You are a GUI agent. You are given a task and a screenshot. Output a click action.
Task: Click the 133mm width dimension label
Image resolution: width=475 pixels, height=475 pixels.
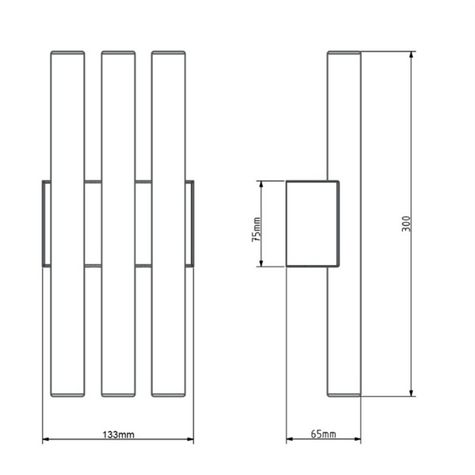tap(118, 435)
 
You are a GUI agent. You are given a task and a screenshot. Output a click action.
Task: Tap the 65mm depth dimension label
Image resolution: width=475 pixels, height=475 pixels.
tap(324, 434)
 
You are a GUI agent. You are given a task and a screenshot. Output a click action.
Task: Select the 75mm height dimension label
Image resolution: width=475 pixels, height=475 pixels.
tap(256, 229)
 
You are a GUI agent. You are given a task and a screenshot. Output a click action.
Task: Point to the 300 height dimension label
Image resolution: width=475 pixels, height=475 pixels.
tap(406, 224)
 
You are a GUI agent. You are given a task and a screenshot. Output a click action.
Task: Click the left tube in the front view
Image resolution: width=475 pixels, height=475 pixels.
tap(68, 224)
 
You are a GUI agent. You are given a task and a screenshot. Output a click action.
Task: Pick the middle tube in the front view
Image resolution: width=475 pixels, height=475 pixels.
tap(118, 224)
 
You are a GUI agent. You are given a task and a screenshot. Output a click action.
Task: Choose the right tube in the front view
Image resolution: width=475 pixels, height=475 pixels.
tap(169, 224)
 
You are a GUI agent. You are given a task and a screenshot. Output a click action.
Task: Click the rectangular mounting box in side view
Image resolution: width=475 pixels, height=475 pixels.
tap(313, 224)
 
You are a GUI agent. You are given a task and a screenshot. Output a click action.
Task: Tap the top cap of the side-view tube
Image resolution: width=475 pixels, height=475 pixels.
tap(344, 53)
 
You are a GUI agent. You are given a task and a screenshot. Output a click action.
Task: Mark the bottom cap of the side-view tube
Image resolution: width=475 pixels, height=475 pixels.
tap(344, 395)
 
